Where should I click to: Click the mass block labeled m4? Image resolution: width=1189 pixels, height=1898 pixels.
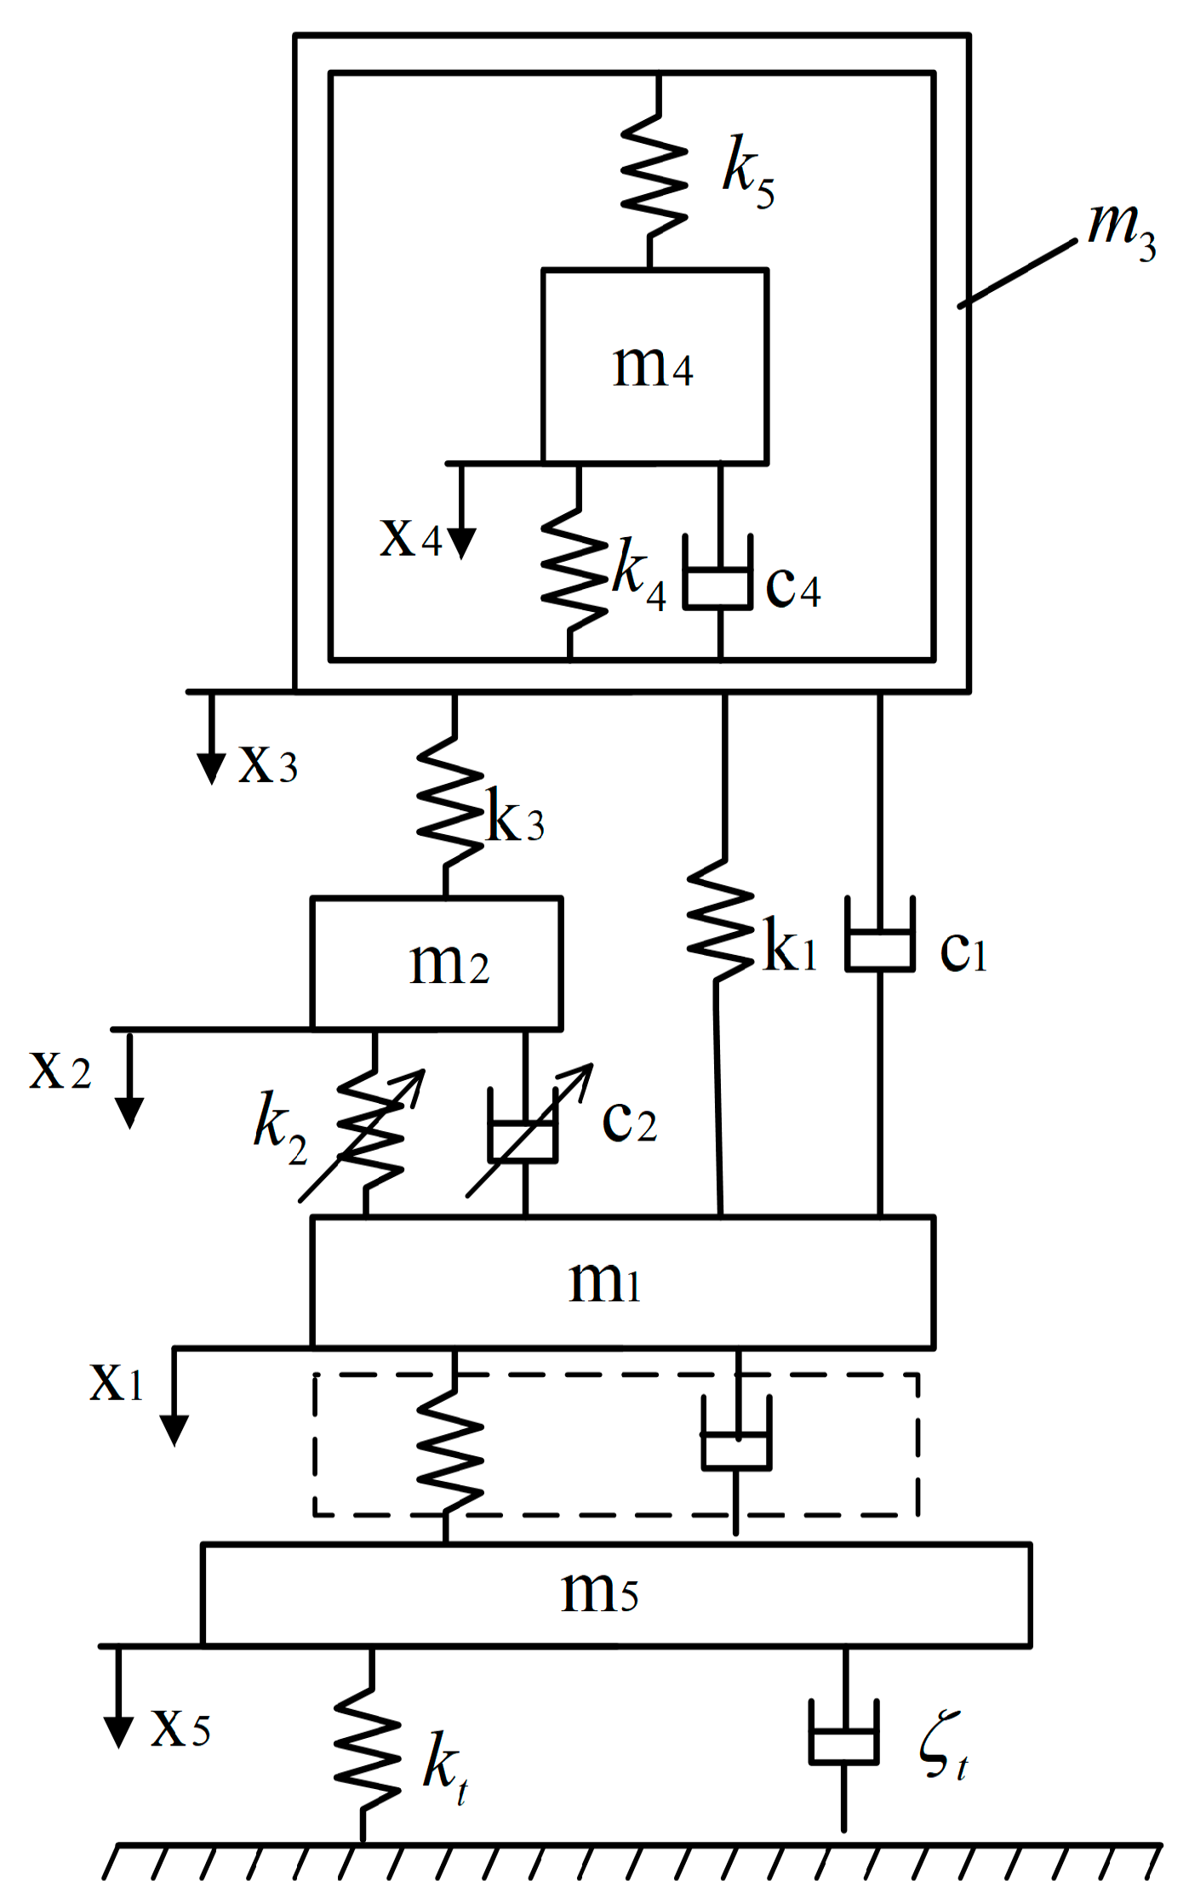(655, 367)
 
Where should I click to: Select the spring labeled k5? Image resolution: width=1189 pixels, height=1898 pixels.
(653, 175)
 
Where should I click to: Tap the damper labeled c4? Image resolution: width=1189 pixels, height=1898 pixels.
(719, 584)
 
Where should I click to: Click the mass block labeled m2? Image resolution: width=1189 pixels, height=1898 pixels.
(437, 963)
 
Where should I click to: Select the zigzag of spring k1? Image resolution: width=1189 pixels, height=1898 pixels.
(720, 919)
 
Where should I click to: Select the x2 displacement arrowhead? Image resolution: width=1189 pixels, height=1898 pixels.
(129, 1112)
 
